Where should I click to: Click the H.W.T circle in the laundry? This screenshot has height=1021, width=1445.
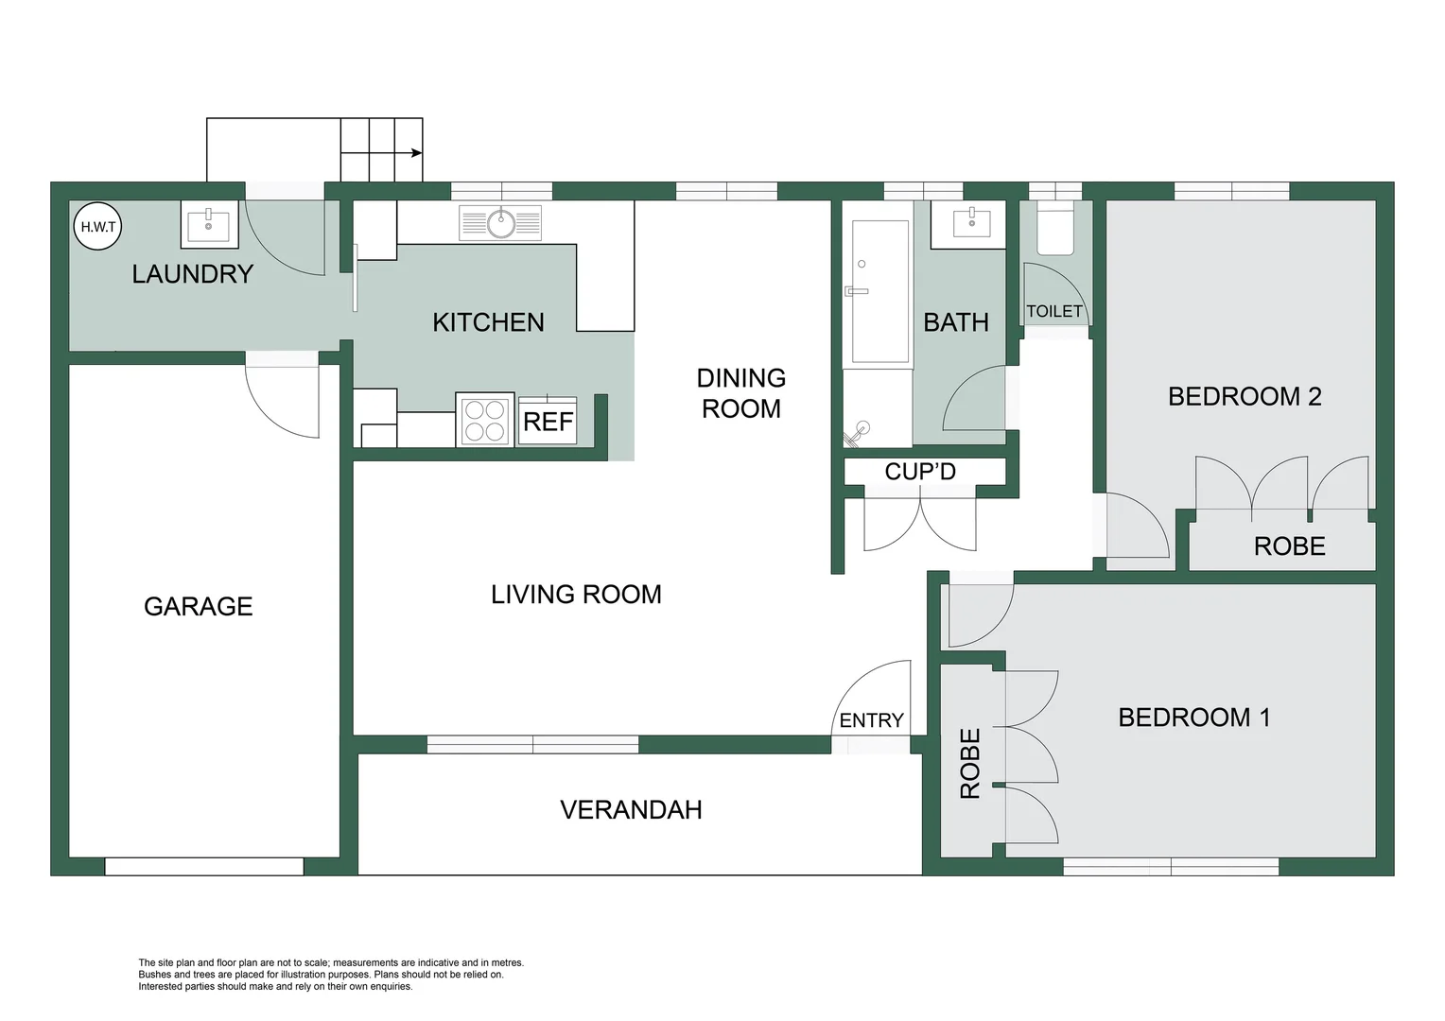pos(97,227)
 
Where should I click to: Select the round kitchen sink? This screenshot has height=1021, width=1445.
pos(501,224)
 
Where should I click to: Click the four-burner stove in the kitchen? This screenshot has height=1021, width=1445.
pos(485,421)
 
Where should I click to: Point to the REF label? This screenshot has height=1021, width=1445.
pos(548,421)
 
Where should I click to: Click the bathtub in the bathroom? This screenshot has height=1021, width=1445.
pos(880,291)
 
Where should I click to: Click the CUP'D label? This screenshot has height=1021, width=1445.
pos(920,471)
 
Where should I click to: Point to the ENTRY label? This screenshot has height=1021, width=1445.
pos(871,720)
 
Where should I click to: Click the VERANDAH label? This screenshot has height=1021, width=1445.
pos(631,810)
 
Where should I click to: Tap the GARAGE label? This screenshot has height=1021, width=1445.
pos(199,606)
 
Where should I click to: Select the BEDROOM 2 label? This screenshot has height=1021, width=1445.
pos(1245,396)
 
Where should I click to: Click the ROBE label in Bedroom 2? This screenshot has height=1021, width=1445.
pos(1289,546)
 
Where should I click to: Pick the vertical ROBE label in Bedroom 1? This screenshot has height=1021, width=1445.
pos(970,763)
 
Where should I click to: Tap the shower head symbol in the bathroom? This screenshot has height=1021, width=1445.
pos(859,432)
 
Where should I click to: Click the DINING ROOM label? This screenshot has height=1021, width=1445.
pos(741,393)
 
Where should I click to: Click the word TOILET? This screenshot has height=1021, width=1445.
pos(1054,311)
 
